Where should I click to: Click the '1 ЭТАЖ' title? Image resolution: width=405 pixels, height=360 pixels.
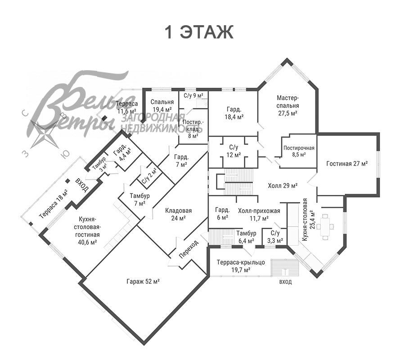199,32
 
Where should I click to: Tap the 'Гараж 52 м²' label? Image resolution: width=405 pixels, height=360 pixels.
143,281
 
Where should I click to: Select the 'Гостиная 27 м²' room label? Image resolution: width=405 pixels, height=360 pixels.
347,163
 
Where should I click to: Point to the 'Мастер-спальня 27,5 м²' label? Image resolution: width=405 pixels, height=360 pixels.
288,105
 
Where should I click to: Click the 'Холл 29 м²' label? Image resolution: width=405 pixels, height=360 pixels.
283,185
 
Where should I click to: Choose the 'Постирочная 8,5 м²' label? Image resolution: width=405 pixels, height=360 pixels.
299,151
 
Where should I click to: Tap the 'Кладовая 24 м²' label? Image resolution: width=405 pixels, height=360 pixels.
179,214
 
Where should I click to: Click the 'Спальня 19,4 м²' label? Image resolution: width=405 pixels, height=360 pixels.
162,105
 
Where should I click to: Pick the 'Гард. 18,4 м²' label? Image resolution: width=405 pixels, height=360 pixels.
234,113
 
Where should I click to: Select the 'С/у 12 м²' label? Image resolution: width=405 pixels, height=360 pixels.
234,151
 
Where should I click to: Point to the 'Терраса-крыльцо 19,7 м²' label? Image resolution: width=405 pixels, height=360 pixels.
241,266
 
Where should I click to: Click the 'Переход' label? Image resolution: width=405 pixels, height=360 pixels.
189,249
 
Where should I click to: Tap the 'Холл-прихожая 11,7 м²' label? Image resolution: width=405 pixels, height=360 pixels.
259,215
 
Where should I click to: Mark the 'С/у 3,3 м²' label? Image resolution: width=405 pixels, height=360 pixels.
275,237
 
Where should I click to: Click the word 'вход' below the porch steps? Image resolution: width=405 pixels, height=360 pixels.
285,282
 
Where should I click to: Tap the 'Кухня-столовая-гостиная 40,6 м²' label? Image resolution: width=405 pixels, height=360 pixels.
87,230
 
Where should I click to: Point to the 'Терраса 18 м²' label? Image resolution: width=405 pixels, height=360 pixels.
54,205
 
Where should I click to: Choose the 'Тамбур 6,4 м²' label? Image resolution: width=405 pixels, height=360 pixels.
246,237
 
